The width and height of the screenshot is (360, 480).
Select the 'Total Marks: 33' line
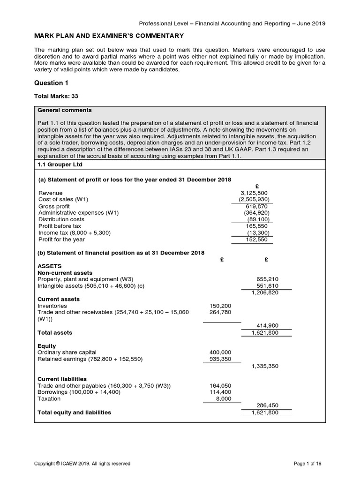click(x=56, y=96)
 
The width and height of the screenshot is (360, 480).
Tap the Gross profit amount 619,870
click(x=256, y=206)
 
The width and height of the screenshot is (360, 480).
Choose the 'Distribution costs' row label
click(x=61, y=219)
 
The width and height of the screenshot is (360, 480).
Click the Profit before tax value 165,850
click(x=256, y=225)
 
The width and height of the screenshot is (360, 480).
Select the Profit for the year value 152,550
click(x=256, y=240)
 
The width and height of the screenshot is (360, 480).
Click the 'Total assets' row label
click(x=55, y=332)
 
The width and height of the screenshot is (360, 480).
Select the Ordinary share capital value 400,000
click(x=220, y=352)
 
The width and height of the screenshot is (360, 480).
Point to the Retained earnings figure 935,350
click(x=220, y=359)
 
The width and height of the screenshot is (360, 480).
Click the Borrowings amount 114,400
click(x=220, y=392)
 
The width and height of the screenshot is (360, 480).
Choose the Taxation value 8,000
click(x=223, y=398)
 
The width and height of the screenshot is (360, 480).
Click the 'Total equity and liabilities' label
click(x=74, y=412)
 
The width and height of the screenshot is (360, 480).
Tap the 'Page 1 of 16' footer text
click(x=307, y=464)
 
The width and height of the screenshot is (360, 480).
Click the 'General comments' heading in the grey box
click(x=65, y=110)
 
